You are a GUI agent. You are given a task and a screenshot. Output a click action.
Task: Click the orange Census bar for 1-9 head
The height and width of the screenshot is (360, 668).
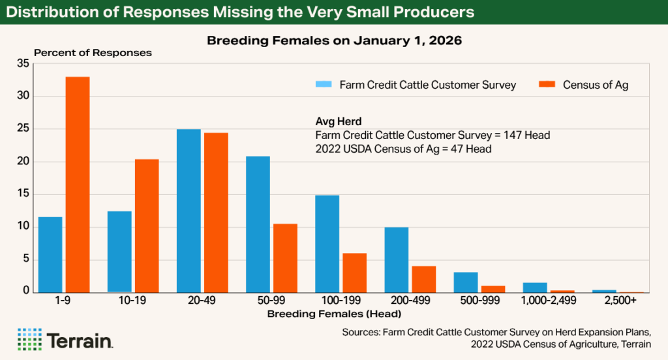click(78, 185)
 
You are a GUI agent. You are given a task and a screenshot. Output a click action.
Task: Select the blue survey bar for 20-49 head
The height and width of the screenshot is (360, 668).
click(189, 211)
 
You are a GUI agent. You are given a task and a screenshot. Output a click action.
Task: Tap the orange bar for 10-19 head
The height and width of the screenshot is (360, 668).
click(147, 226)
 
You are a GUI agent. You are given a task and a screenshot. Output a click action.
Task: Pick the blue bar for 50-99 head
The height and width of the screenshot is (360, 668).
click(258, 224)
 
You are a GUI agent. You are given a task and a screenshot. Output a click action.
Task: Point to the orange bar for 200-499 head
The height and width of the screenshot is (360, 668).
click(424, 279)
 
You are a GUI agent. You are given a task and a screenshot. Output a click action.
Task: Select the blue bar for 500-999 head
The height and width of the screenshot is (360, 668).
click(466, 282)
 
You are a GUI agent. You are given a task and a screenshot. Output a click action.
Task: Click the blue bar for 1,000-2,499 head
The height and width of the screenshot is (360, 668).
click(535, 287)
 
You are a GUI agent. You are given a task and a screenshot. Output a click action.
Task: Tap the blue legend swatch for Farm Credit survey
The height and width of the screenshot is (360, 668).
click(324, 85)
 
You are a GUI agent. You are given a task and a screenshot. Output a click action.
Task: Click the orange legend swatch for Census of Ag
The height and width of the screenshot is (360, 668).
click(547, 85)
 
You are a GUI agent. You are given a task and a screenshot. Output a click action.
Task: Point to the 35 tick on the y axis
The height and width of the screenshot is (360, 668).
click(23, 64)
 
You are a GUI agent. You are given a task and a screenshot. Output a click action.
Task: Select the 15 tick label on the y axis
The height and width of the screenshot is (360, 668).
click(23, 194)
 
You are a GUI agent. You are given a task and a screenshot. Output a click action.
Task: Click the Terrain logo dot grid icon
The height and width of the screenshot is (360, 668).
click(29, 338)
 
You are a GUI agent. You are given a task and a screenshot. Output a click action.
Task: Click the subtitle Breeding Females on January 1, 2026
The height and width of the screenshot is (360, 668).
click(334, 40)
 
